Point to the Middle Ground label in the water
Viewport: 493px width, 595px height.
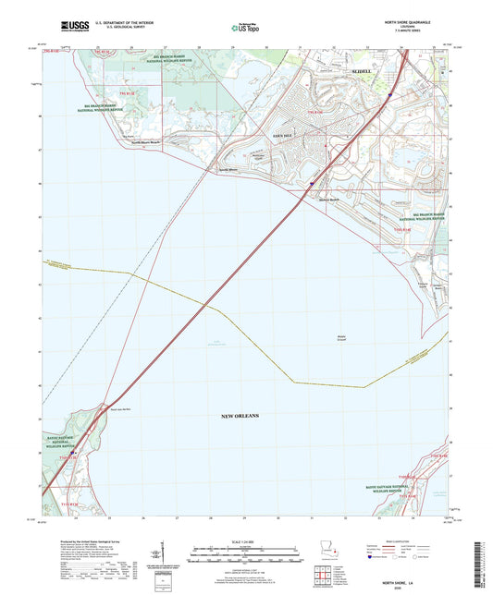(x=342, y=337)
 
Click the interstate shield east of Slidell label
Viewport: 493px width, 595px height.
(x=391, y=93)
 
